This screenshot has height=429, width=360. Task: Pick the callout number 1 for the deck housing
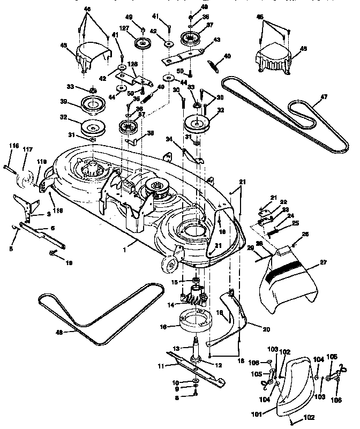point(125,248)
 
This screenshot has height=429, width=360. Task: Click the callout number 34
point(169,140)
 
